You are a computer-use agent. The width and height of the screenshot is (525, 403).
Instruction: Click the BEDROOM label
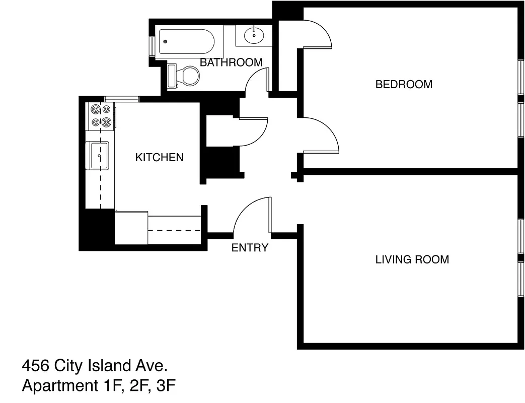coord(404,84)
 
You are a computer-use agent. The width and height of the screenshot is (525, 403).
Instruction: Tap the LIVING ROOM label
coord(412,259)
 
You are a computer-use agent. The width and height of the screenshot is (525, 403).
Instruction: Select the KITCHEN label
coord(159,157)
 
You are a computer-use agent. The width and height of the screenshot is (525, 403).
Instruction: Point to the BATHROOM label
coord(231,62)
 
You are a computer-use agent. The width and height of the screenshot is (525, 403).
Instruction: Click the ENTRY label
coord(250,247)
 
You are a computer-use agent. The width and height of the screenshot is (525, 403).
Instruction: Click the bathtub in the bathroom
coord(187,42)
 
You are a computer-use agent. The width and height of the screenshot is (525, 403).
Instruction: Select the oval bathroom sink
coord(253,35)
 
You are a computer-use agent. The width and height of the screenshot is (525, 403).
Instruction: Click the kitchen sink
coord(99,156)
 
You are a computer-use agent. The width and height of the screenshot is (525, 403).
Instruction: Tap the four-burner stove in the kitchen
coord(100,115)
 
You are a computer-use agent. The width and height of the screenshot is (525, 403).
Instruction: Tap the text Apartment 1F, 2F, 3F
coord(99,386)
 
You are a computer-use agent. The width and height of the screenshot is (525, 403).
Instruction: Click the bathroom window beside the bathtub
coord(152,46)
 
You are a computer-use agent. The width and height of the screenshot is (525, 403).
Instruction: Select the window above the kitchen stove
coord(122,99)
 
